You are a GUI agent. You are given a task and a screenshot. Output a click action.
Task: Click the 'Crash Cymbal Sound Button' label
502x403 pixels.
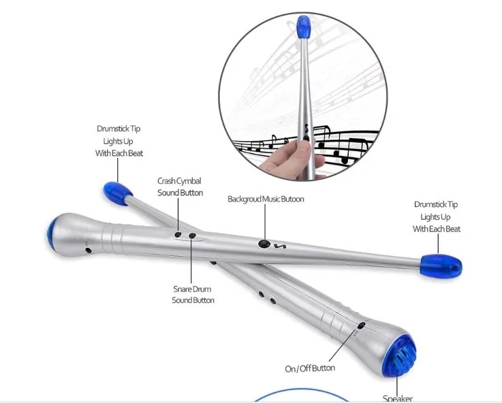click(x=180, y=187)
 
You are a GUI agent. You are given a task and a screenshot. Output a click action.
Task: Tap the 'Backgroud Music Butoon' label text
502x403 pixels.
click(x=266, y=199)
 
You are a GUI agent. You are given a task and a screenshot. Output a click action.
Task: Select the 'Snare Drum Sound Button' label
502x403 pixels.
click(x=193, y=295)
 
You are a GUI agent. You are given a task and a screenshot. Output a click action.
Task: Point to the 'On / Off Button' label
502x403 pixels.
click(x=310, y=368)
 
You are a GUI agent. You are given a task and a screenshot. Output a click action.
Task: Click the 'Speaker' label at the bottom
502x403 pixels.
click(x=398, y=398)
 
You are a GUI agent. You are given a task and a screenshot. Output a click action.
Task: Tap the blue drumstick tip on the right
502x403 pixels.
click(x=441, y=266)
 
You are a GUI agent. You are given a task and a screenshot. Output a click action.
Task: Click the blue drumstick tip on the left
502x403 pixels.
click(x=117, y=193)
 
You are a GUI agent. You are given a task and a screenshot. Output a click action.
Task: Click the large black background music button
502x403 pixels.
click(x=264, y=244)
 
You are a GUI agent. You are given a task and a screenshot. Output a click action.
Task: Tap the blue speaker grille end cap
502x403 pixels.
click(x=401, y=355)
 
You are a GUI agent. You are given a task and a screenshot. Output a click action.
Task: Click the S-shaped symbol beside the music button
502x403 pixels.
click(x=280, y=246)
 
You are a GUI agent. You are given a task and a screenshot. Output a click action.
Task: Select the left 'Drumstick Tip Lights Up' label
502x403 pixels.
click(x=119, y=141)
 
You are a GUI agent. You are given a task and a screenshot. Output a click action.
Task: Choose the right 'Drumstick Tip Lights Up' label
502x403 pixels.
click(x=436, y=217)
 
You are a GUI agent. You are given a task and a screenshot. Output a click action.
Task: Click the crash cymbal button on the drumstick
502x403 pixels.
click(x=178, y=235)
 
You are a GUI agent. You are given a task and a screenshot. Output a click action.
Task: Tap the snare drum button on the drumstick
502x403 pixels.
click(x=192, y=236)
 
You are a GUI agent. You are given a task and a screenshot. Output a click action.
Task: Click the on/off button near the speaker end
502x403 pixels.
click(x=362, y=325)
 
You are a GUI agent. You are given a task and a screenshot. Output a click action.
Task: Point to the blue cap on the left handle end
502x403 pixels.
click(x=51, y=234)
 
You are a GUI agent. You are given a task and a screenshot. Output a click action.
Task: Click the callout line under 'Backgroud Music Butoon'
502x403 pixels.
click(x=265, y=221)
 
